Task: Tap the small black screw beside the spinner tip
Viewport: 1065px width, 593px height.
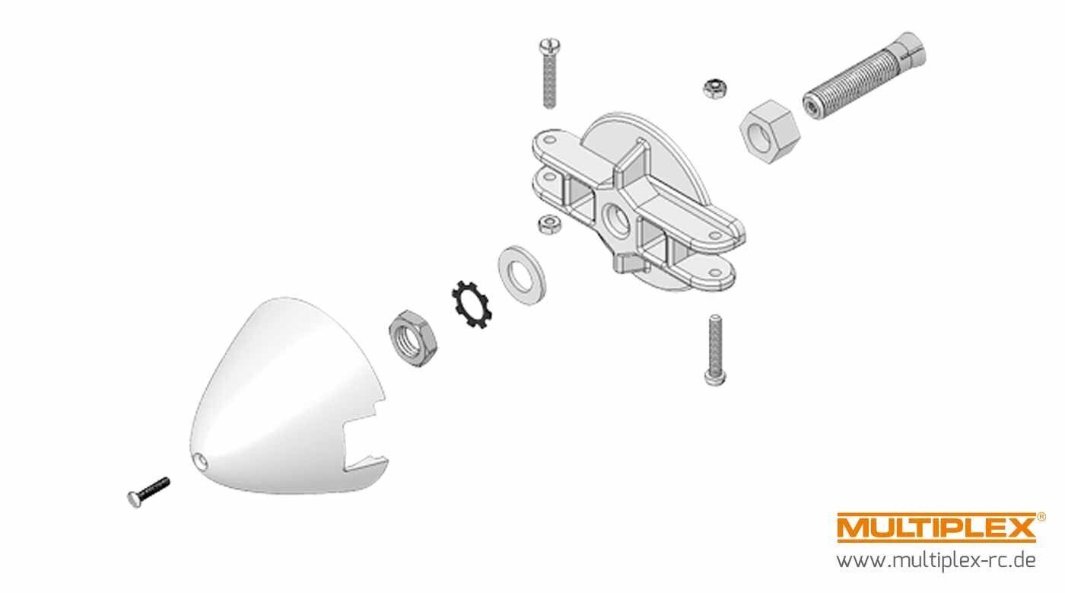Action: (148, 493)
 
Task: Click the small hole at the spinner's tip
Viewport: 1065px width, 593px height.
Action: (201, 461)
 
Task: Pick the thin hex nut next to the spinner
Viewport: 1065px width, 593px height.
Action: (412, 338)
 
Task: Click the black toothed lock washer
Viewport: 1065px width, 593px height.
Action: (472, 304)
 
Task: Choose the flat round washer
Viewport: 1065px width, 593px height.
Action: (522, 275)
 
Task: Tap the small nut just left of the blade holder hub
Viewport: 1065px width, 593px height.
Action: (549, 224)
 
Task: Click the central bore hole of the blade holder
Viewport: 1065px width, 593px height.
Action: (617, 219)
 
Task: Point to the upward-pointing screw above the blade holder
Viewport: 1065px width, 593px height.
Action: (549, 74)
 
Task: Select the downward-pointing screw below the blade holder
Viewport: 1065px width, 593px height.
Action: (715, 350)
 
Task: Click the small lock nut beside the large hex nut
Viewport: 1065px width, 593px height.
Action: (714, 88)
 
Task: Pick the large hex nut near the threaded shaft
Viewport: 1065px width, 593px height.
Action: (769, 132)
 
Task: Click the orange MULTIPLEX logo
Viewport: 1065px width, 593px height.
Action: (936, 528)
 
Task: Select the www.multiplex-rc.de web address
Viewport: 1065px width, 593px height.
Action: (936, 560)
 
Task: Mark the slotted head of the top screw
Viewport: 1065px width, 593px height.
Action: (549, 46)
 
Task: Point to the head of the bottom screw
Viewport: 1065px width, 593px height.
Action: (715, 378)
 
